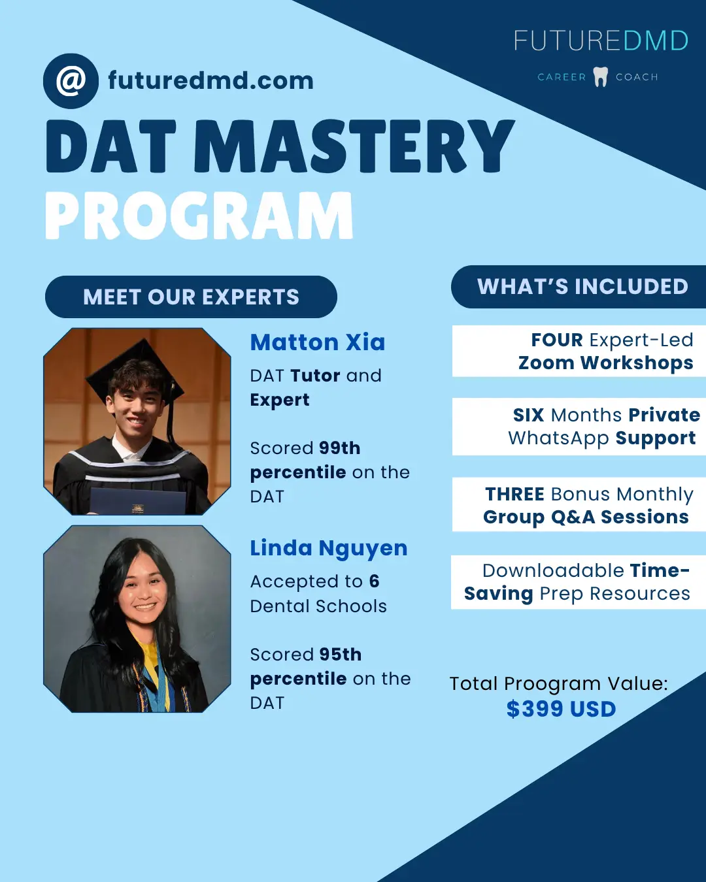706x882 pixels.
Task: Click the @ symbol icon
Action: [x=71, y=81]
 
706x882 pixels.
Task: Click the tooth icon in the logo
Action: [x=601, y=76]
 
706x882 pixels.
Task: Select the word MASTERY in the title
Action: [x=354, y=146]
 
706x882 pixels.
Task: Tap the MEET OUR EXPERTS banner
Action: [x=191, y=297]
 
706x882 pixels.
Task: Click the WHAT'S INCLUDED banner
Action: [x=579, y=286]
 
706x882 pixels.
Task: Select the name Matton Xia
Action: [x=318, y=342]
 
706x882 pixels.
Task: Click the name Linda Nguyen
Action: [x=329, y=548]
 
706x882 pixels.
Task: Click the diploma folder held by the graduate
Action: [x=137, y=501]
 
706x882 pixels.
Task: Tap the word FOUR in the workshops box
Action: [x=557, y=340]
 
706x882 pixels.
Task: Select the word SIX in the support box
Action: [x=528, y=415]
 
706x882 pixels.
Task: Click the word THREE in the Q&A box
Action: [x=515, y=495]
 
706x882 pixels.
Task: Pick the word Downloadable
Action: [x=553, y=570]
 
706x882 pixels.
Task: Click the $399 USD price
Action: [x=561, y=709]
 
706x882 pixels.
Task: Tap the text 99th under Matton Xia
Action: [x=340, y=448]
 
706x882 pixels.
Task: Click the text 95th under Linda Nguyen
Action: [x=341, y=655]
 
